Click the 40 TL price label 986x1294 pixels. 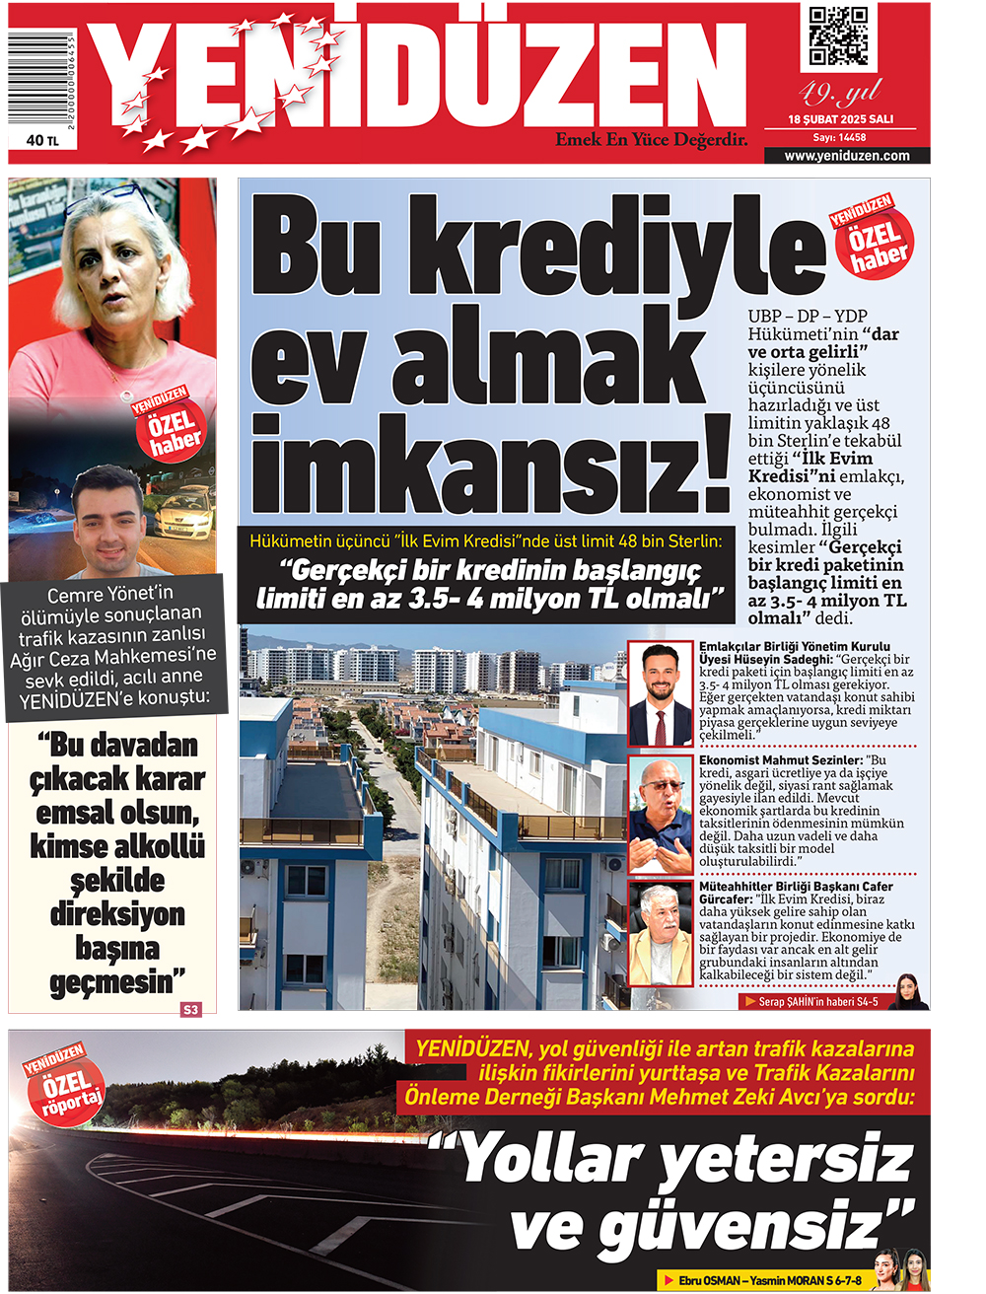tap(42, 141)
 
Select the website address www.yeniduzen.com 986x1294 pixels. tap(847, 156)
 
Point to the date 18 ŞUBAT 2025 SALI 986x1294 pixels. tap(840, 119)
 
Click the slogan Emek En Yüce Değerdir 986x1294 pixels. tap(651, 140)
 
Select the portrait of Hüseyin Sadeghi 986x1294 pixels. tap(661, 693)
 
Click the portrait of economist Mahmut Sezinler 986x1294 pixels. tap(661, 815)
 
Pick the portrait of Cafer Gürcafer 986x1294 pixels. tap(661, 934)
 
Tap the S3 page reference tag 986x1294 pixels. tap(190, 1009)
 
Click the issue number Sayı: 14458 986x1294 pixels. tap(840, 138)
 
